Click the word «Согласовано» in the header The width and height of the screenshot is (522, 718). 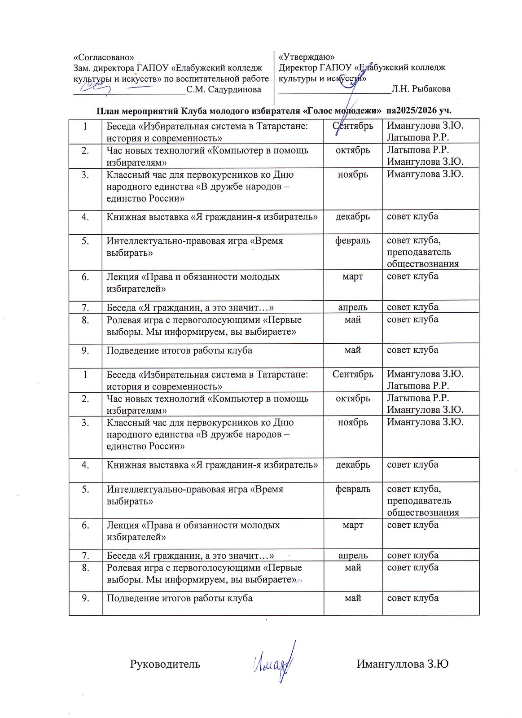(x=103, y=57)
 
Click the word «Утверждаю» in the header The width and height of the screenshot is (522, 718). (x=307, y=57)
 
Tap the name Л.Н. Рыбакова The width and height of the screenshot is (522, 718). (x=421, y=89)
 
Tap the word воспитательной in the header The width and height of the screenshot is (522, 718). (x=211, y=79)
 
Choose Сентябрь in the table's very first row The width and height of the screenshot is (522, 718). (x=353, y=126)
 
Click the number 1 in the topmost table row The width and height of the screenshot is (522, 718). (x=85, y=126)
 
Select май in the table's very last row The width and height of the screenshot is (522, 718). (x=353, y=598)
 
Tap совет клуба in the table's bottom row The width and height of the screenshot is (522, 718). (x=412, y=598)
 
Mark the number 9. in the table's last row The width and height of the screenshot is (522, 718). (x=85, y=598)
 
